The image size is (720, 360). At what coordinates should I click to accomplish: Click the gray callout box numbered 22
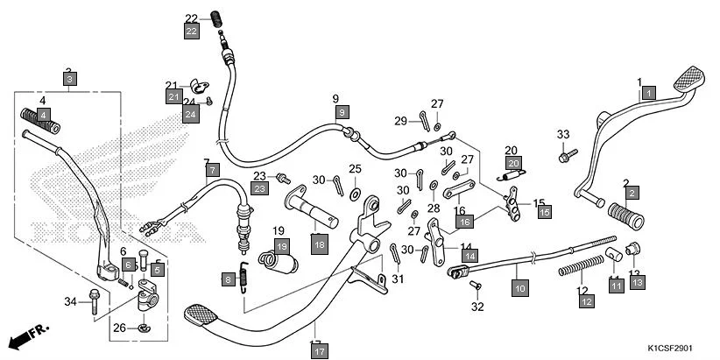click(192, 31)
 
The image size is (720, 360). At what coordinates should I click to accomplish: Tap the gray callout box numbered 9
click(342, 111)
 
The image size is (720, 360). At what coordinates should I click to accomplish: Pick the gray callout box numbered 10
click(519, 286)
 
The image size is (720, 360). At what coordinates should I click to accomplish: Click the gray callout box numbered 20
click(512, 163)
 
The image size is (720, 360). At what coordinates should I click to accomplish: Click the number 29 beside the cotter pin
click(399, 121)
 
